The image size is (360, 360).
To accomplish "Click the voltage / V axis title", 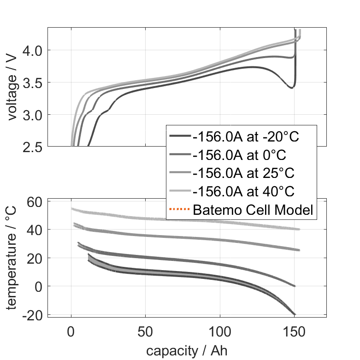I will pos(12,88).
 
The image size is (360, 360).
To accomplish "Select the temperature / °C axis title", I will pos(12,258).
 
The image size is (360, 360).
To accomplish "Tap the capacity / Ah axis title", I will pos(187,350).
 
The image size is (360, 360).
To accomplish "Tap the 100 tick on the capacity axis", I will pos(220,332).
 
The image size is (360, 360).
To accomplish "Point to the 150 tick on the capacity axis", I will pos(294,332).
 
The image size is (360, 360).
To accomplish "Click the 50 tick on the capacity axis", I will pos(145,332).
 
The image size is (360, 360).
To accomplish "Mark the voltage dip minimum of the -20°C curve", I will pos(291,88).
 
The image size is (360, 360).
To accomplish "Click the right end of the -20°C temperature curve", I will pos(295,314).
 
